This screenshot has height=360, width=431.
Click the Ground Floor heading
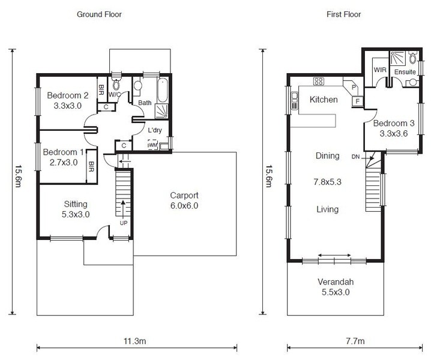[99, 14]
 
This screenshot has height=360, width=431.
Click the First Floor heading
[343, 14]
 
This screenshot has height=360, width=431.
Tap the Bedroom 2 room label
[68, 95]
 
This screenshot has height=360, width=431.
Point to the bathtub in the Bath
[163, 90]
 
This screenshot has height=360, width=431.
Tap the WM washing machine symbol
[152, 145]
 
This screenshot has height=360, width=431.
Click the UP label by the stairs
[124, 223]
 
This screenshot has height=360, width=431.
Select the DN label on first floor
[355, 157]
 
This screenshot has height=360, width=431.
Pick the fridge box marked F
[358, 101]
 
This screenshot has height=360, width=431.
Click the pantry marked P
[354, 86]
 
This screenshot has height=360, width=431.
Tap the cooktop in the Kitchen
[318, 82]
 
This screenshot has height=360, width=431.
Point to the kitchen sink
[295, 101]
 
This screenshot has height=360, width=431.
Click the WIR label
[380, 70]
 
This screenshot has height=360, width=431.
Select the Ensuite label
[405, 72]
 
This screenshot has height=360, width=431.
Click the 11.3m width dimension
[134, 341]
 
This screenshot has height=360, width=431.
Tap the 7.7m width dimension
[355, 341]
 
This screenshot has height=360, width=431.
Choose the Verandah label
[336, 281]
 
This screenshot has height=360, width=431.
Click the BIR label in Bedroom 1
[91, 167]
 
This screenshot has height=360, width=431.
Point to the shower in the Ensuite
[397, 58]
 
